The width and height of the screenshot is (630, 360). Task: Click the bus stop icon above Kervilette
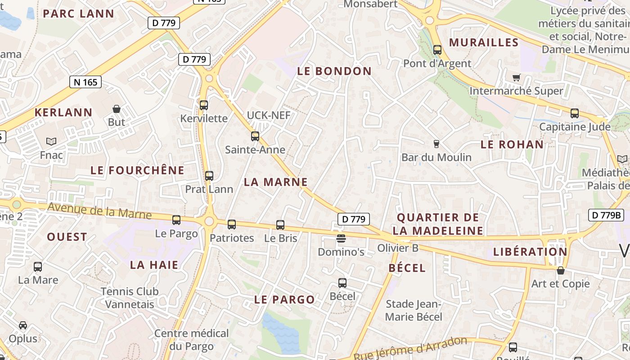coord(204,105)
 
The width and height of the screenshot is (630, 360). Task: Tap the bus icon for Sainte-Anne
coord(255,136)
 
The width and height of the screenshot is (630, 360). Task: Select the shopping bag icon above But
coord(117,109)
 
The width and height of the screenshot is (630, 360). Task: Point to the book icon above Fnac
coord(51,141)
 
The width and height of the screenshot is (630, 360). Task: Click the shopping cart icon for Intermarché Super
coord(516,77)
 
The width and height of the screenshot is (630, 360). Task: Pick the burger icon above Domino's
coord(341,238)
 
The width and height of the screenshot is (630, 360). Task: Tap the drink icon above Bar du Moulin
coord(436,144)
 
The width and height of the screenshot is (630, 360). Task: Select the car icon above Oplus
coord(23,325)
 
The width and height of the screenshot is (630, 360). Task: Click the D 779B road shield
coord(606,215)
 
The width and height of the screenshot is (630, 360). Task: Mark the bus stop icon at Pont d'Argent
coord(437,50)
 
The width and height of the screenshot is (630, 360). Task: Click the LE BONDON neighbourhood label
coord(334,71)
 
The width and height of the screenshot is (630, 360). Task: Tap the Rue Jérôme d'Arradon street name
coord(410,348)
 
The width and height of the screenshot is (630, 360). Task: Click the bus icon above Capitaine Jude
coord(575,113)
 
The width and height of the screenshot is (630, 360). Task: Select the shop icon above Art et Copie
coord(560,270)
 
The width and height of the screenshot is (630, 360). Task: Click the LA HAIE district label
coord(154,265)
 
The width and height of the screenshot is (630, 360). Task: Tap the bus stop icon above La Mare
coord(38,267)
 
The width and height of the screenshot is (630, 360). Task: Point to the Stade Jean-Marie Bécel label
coord(414,310)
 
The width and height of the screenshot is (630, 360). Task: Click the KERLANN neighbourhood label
coord(63,112)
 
